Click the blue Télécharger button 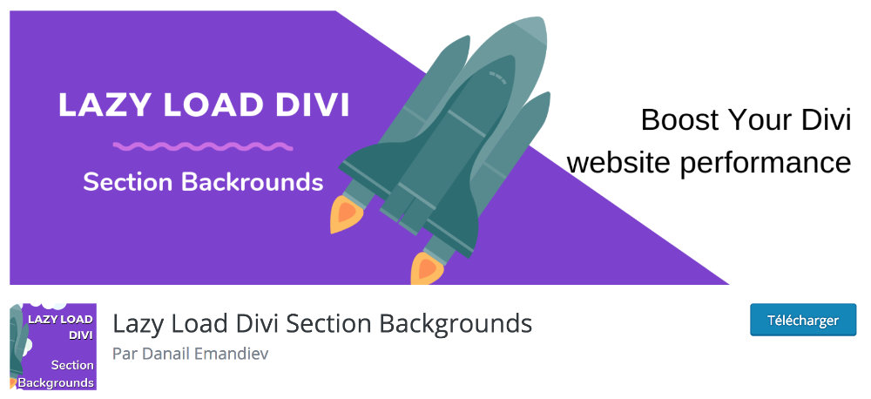(803, 320)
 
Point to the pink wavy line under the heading (203, 146)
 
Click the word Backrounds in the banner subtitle (253, 182)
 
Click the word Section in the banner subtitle (130, 182)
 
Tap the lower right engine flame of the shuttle (427, 268)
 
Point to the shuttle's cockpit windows (497, 78)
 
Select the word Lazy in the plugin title (136, 324)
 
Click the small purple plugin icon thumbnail (53, 346)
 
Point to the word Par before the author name (122, 354)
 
